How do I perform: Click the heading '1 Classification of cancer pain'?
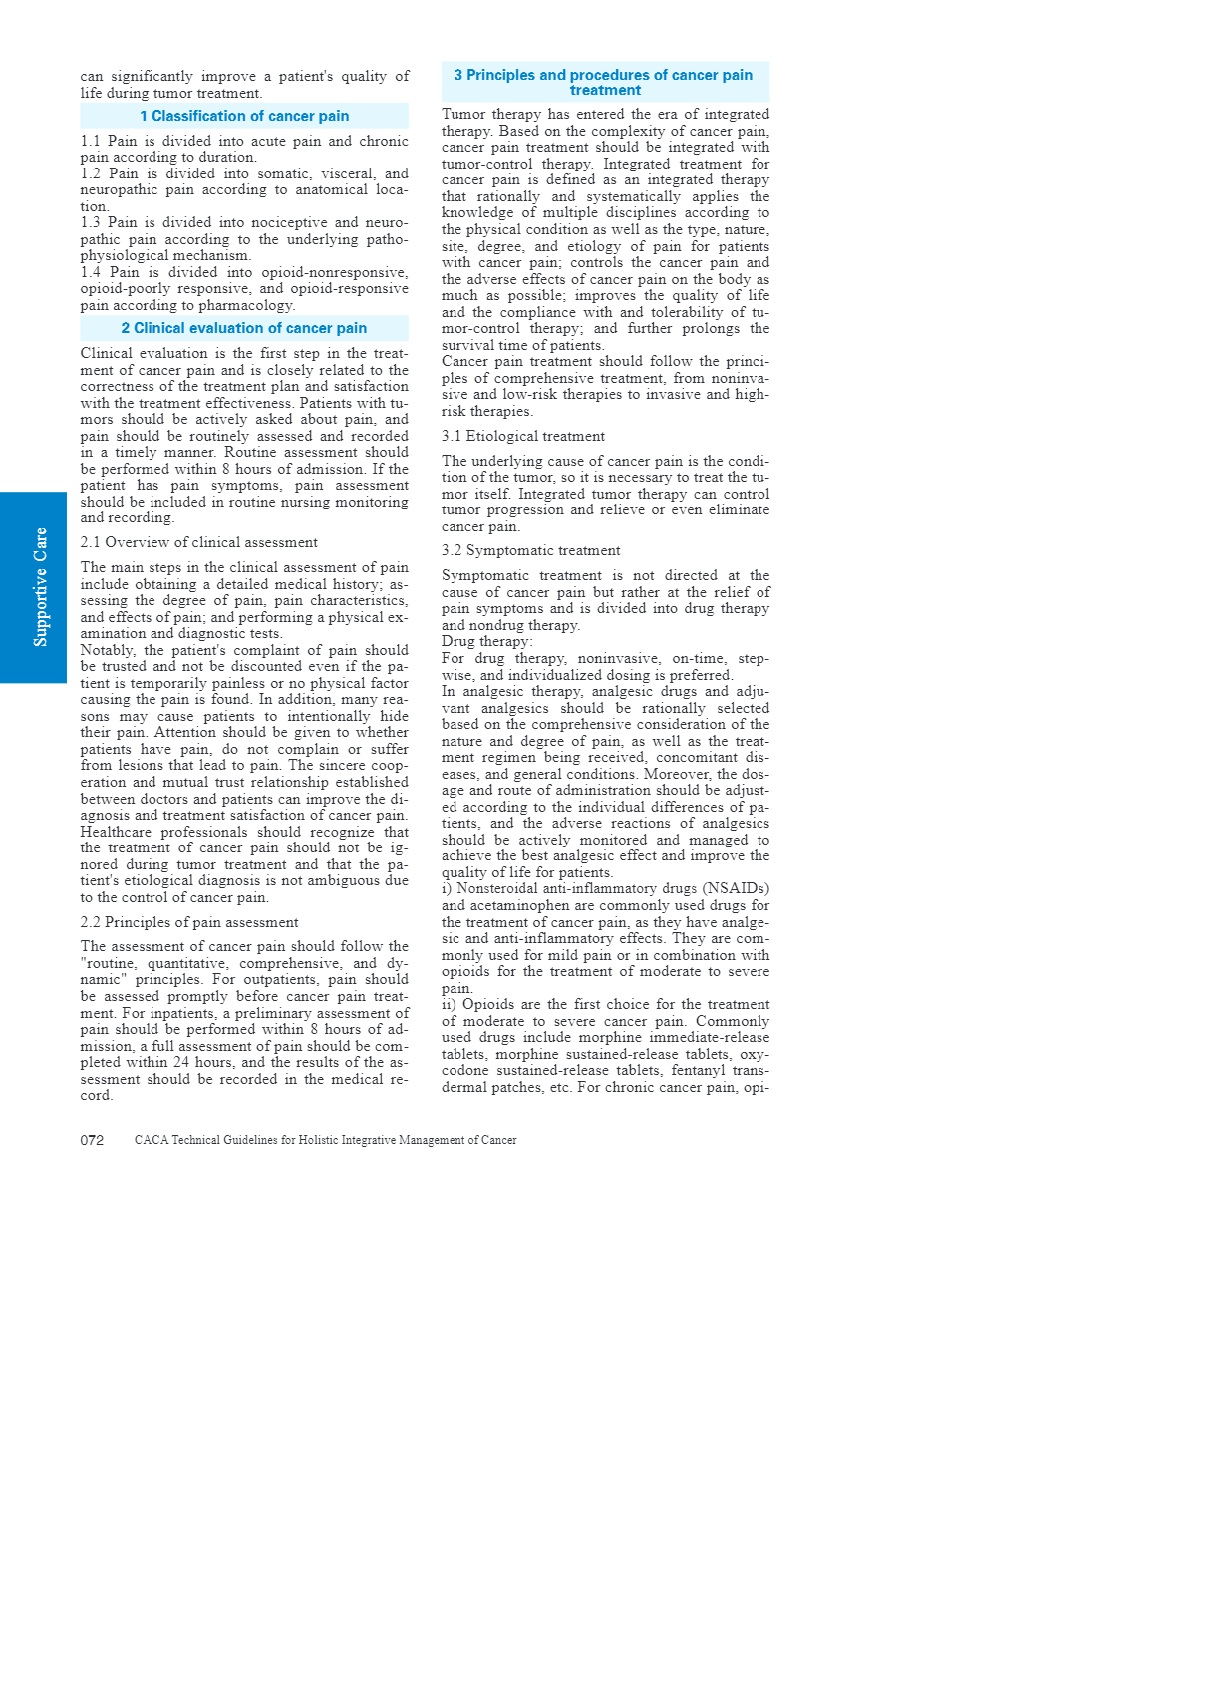click(244, 116)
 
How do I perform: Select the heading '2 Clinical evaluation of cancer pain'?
click(244, 328)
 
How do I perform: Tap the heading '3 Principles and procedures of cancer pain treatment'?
click(604, 82)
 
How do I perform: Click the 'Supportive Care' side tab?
click(40, 587)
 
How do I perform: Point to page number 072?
click(92, 1140)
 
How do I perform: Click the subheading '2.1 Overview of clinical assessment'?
click(198, 542)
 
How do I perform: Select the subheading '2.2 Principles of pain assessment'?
click(189, 922)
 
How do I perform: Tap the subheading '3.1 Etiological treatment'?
click(522, 436)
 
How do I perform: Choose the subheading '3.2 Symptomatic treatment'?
click(530, 550)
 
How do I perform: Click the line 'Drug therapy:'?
click(486, 641)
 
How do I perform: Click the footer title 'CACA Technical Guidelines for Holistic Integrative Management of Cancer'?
click(325, 1140)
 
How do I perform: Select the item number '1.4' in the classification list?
click(91, 272)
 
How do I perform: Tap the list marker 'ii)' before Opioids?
click(449, 1004)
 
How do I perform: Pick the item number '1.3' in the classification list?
click(91, 222)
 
